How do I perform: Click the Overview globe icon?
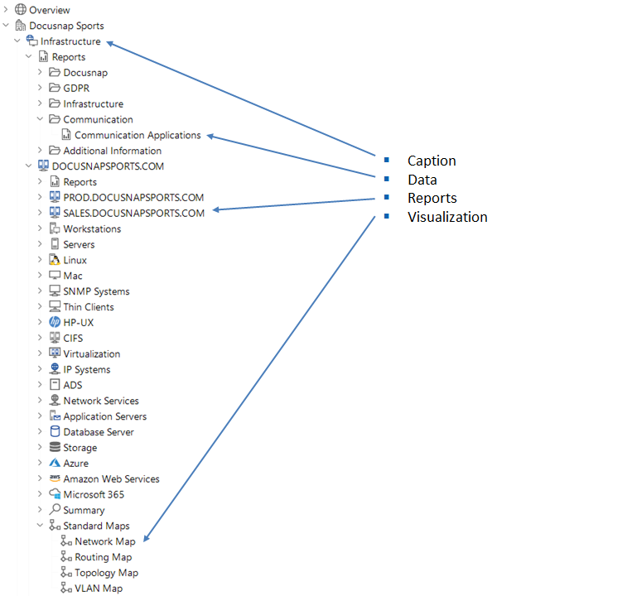point(21,10)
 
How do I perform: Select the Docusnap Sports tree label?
point(66,26)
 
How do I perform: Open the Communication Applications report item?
point(137,135)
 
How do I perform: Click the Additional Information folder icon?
point(55,151)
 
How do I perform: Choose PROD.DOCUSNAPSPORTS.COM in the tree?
point(133,198)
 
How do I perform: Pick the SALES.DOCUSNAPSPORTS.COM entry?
point(133,213)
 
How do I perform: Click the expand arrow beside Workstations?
point(40,228)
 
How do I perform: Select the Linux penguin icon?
point(55,260)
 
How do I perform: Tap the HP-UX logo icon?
point(55,322)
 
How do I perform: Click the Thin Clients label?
point(89,307)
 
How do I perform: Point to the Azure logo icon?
point(55,464)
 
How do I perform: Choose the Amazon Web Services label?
point(111,479)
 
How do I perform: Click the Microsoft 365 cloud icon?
point(55,494)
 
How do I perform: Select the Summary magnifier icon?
point(55,510)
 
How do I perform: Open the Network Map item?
point(105,541)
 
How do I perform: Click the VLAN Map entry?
point(99,589)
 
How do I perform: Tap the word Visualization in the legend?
point(447,217)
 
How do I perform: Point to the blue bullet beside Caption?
point(386,160)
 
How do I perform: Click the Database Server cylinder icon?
point(55,432)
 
